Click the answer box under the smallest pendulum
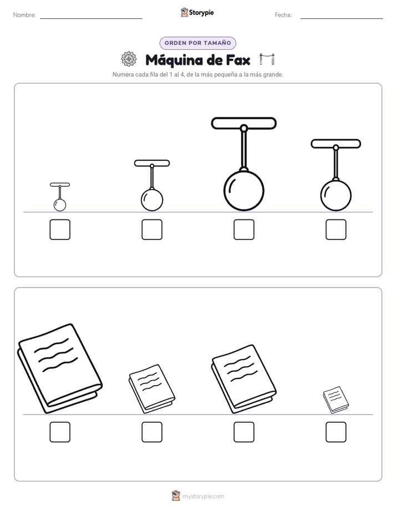(x=60, y=229)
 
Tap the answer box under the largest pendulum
(x=244, y=229)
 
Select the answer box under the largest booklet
(x=60, y=432)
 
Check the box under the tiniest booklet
(x=336, y=432)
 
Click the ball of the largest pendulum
(x=243, y=191)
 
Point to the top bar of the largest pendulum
(x=243, y=123)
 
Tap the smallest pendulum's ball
(x=60, y=205)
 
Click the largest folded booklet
(x=60, y=368)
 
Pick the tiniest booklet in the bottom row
(x=336, y=400)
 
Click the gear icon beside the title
(x=129, y=59)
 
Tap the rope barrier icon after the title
(x=267, y=59)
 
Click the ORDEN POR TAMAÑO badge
(x=197, y=43)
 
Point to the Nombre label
(x=24, y=15)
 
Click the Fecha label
(x=283, y=15)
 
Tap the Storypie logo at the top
(x=197, y=12)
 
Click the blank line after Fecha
(x=342, y=18)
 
